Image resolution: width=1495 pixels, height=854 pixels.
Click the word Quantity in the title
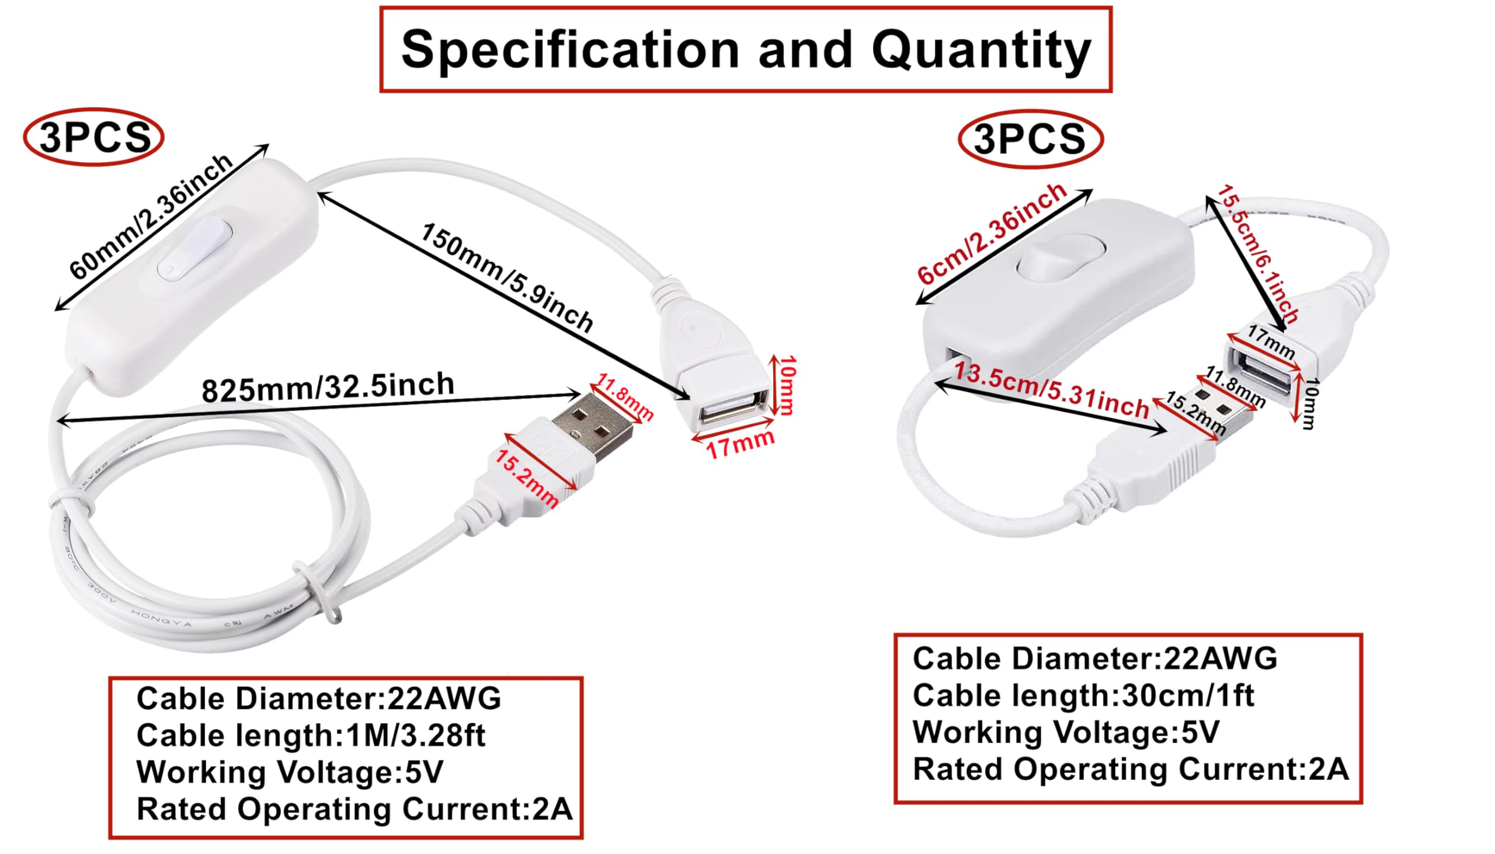[x=981, y=50]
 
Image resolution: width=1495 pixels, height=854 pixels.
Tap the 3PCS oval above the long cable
[x=94, y=137]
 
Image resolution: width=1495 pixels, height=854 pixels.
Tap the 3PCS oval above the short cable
[x=1030, y=140]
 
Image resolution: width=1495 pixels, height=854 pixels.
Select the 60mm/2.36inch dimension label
[x=151, y=217]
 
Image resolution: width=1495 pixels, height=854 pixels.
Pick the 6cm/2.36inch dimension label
[x=992, y=233]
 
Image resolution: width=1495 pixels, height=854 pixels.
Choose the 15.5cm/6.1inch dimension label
[x=1258, y=253]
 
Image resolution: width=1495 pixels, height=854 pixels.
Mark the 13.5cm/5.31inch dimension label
[x=1051, y=391]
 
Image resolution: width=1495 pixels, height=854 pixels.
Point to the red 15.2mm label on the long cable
[x=526, y=479]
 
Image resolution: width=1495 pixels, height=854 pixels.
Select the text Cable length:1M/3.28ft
[x=311, y=736]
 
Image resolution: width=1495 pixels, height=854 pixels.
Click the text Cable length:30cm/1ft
[x=1083, y=696]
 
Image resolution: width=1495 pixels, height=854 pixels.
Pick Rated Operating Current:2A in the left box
[x=354, y=810]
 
